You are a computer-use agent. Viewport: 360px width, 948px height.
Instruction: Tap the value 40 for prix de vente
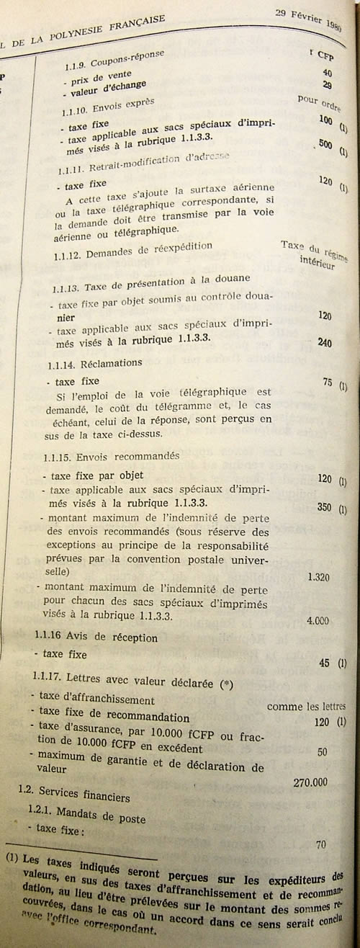tap(327, 73)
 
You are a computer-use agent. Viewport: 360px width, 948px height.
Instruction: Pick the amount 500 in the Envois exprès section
tap(325, 145)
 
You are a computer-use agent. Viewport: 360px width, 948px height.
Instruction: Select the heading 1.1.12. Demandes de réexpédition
tap(134, 248)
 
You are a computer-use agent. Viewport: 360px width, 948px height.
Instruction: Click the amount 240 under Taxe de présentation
tap(324, 343)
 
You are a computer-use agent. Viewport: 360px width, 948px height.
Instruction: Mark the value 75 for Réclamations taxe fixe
tap(328, 383)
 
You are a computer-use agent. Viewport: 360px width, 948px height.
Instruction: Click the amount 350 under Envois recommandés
tap(325, 508)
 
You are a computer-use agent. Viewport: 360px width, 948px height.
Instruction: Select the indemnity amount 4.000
tap(318, 620)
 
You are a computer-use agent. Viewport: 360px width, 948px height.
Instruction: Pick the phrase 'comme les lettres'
tap(306, 707)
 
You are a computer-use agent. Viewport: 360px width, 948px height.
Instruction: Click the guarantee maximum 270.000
tap(310, 782)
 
